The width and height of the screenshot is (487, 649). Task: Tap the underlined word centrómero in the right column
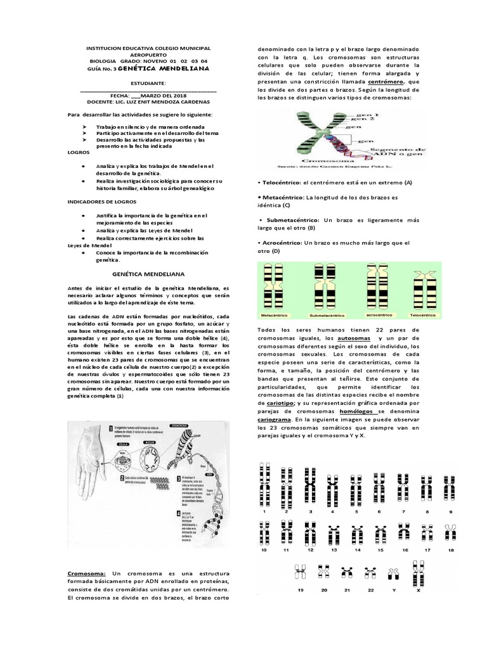386,82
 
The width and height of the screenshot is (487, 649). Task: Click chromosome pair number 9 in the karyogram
451,488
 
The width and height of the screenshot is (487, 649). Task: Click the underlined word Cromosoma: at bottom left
88,573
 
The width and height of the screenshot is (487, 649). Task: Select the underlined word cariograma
280,420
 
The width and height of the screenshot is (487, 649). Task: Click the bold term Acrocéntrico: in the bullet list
282,243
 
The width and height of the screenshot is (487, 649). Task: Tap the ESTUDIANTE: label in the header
148,83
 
